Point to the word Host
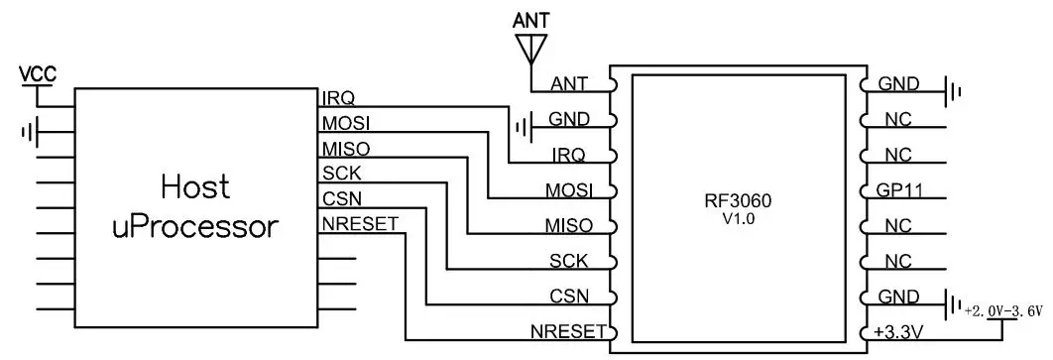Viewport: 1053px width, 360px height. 195,185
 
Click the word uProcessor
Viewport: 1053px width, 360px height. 195,226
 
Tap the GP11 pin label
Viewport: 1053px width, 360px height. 898,190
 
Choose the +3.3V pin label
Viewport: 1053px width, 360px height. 898,332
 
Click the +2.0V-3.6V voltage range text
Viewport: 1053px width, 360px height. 1002,310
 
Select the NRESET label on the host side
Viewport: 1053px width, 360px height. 359,223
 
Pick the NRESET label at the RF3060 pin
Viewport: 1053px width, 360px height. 567,332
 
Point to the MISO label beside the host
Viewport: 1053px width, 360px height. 345,149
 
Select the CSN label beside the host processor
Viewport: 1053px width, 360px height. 341,198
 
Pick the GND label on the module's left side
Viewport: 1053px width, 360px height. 569,119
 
